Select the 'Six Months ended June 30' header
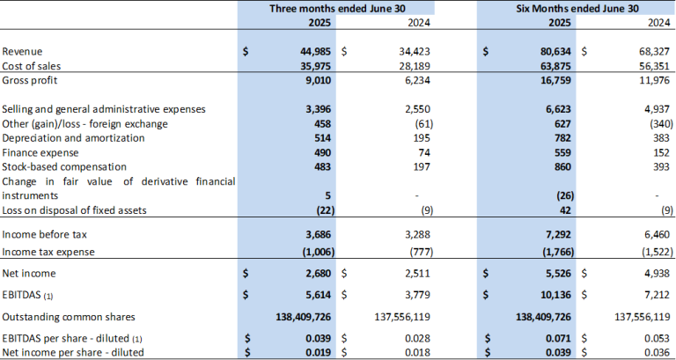[575, 8]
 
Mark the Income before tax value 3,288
[418, 236]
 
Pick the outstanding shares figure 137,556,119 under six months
[634, 315]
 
